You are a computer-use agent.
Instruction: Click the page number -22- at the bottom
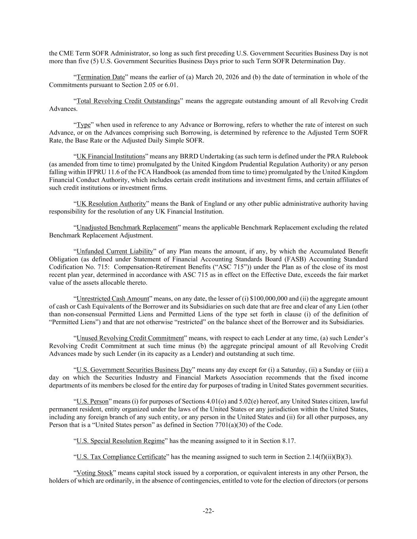[208, 511]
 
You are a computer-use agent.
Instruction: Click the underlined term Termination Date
[100, 77]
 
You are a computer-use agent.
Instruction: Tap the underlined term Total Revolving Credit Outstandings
[128, 101]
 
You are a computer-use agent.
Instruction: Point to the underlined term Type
[83, 125]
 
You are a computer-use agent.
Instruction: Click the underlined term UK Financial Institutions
[111, 156]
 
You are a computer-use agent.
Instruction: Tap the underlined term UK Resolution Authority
[111, 204]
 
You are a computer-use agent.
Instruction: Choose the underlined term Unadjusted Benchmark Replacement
[127, 227]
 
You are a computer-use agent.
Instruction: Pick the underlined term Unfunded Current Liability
[115, 251]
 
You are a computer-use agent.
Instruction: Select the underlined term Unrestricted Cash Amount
[113, 299]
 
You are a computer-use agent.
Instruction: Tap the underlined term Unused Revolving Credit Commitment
[130, 338]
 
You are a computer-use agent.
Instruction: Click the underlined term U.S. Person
[92, 402]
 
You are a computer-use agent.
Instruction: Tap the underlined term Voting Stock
[94, 473]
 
